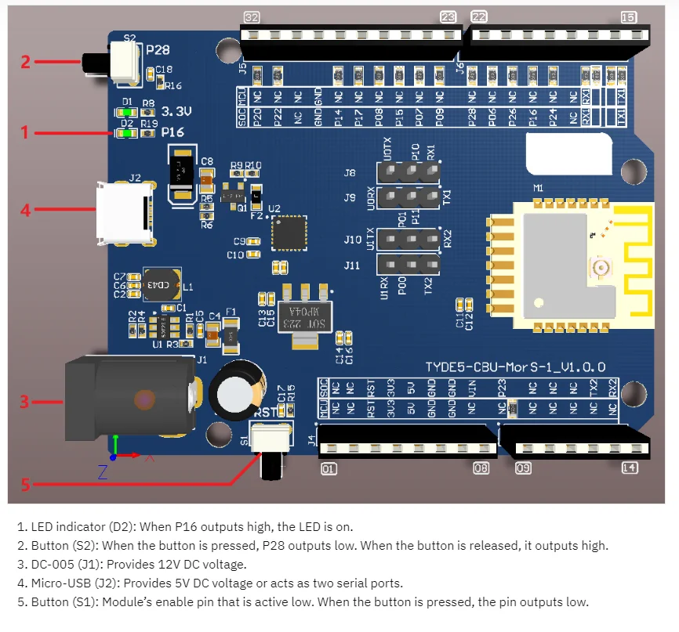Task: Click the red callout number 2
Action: [24, 60]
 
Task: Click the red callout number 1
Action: [24, 133]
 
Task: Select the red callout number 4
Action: [24, 210]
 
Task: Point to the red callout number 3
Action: [24, 402]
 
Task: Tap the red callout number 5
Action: [24, 485]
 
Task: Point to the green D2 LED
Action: [126, 133]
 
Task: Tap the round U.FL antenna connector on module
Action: [604, 269]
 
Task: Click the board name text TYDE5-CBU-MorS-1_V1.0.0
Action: [515, 367]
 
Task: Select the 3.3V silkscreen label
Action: [177, 110]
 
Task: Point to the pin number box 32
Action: [252, 17]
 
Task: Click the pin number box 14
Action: [629, 468]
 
